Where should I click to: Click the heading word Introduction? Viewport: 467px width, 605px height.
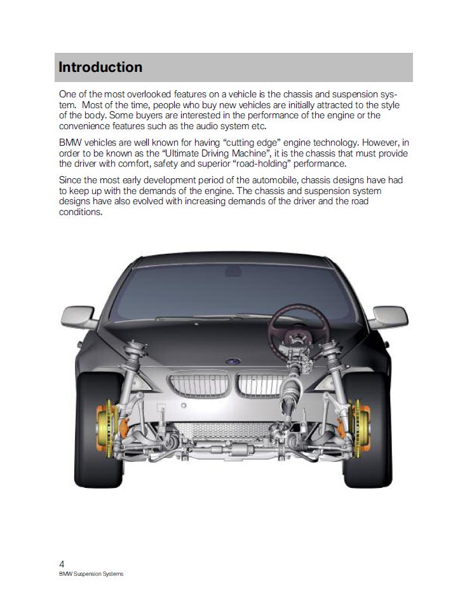pos(100,67)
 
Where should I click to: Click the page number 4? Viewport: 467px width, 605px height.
pos(62,564)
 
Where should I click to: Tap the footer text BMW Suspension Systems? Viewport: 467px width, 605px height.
pos(90,574)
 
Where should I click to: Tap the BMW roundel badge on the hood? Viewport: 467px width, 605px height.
pos(233,361)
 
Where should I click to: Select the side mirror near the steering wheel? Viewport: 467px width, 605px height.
pos(388,316)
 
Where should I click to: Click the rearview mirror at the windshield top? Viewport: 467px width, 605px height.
pos(233,272)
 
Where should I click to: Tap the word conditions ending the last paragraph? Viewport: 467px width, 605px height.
pos(80,212)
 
